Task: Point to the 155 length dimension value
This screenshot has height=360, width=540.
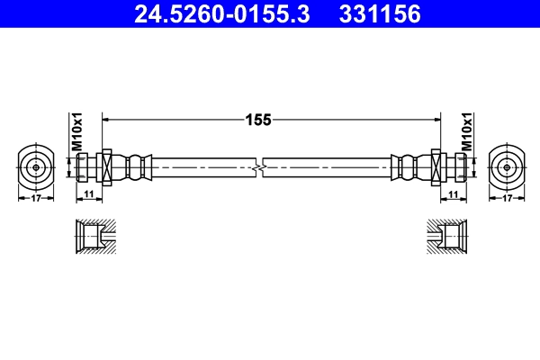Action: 259,118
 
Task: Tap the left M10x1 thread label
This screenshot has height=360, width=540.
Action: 77,131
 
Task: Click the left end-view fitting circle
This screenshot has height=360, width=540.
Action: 35,167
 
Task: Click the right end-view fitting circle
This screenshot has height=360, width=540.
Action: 507,167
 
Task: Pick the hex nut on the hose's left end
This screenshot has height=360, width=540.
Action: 106,167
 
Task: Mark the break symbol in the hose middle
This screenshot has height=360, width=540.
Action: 259,167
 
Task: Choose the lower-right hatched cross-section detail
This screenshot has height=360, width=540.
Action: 447,237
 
